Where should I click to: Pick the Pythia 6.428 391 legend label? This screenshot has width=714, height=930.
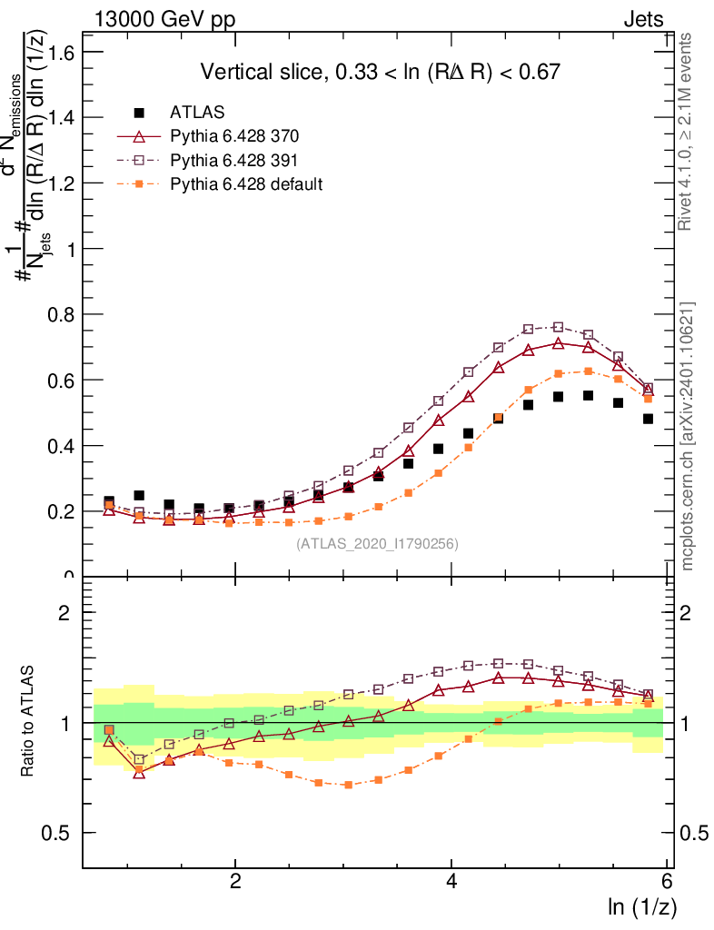pos(234,160)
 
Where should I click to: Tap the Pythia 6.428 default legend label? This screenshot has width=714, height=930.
pos(246,183)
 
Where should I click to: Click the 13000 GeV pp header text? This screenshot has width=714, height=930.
pos(164,20)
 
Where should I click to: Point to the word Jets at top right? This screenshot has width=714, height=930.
pos(642,20)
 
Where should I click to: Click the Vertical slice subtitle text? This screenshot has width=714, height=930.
pos(380,72)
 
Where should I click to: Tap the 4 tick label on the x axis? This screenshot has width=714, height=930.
pos(451,880)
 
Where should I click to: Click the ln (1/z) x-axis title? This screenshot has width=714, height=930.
pos(642,905)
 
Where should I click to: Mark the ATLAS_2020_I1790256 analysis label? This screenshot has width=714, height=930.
pos(376,544)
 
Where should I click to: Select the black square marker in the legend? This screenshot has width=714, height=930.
pos(139,113)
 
